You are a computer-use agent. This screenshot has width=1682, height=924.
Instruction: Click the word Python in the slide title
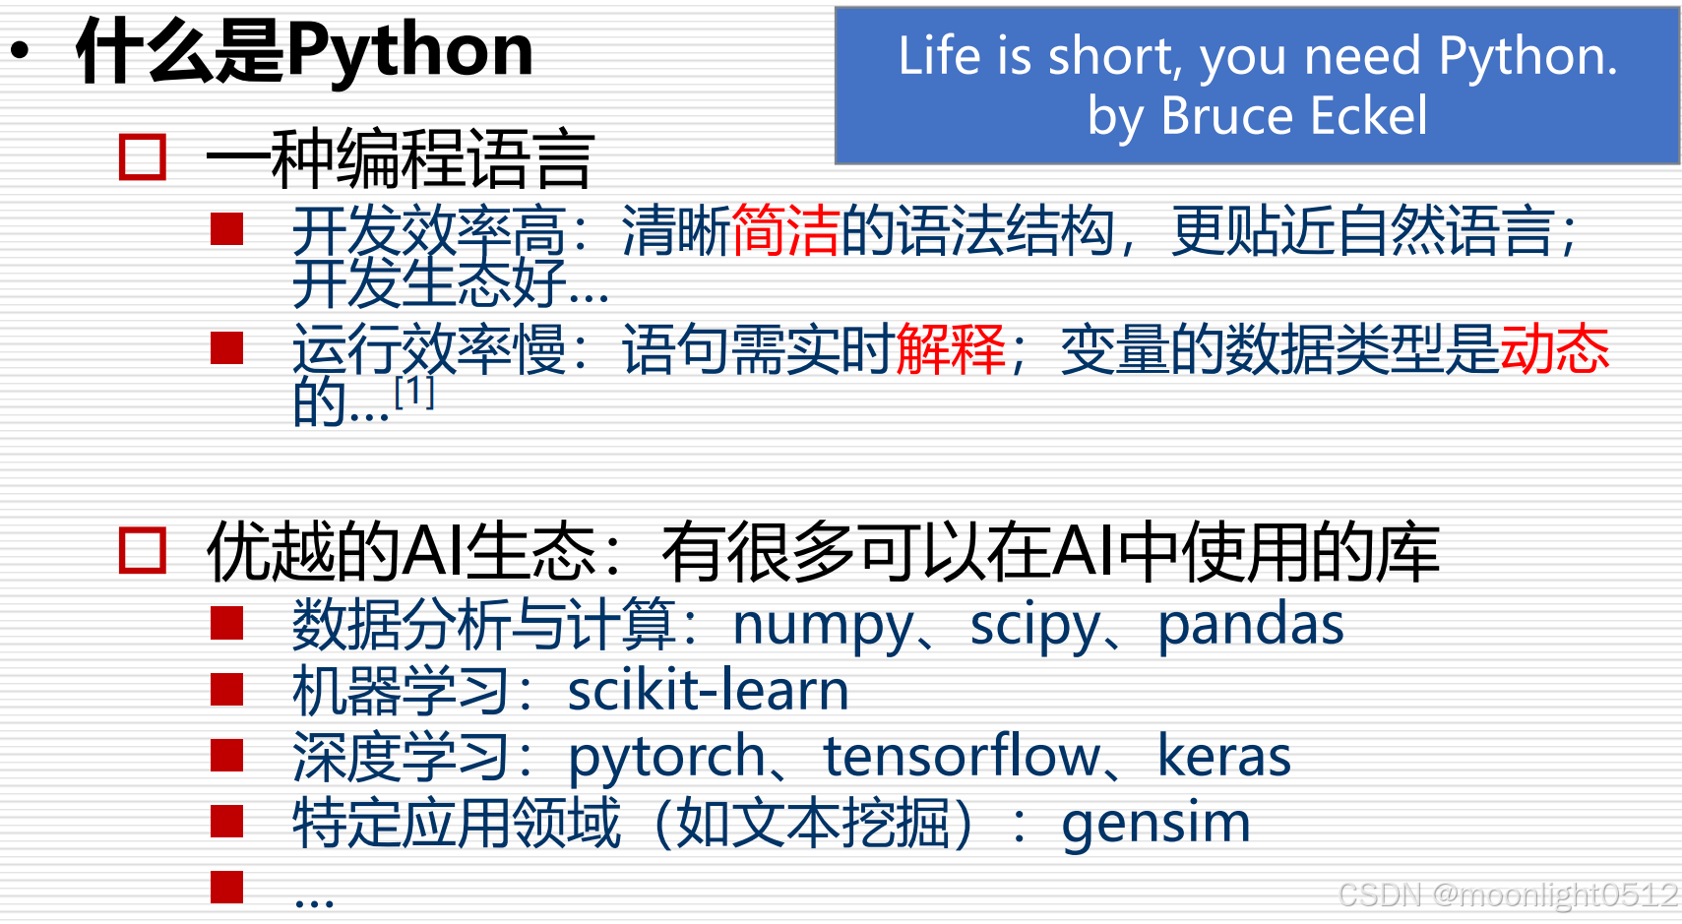click(409, 51)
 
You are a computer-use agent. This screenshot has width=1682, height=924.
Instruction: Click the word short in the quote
click(1112, 56)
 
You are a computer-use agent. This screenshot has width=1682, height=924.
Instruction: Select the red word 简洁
click(785, 231)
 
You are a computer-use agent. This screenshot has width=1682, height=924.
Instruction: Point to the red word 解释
click(951, 349)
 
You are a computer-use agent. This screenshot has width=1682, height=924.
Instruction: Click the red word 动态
click(1554, 349)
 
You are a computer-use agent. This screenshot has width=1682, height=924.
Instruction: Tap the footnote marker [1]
click(413, 392)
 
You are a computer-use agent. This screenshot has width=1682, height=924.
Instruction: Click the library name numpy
click(823, 626)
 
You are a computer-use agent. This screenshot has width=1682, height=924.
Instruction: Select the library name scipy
click(1032, 626)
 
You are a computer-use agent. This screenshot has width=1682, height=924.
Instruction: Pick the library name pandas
click(1250, 626)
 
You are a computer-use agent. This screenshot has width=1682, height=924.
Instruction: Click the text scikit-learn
click(708, 691)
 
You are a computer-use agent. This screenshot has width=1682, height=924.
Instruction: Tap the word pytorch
click(666, 758)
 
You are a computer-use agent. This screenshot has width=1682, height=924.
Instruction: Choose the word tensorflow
click(962, 757)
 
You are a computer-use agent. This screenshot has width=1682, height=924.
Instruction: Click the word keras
click(1223, 757)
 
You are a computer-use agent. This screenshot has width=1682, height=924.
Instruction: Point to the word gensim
click(1155, 823)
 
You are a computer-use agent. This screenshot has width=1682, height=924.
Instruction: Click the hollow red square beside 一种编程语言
click(143, 157)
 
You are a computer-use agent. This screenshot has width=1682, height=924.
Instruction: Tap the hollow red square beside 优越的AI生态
click(143, 551)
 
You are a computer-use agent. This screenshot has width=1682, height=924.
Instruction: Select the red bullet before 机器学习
click(227, 690)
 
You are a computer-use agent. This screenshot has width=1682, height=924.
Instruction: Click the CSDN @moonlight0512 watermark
click(1508, 894)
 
